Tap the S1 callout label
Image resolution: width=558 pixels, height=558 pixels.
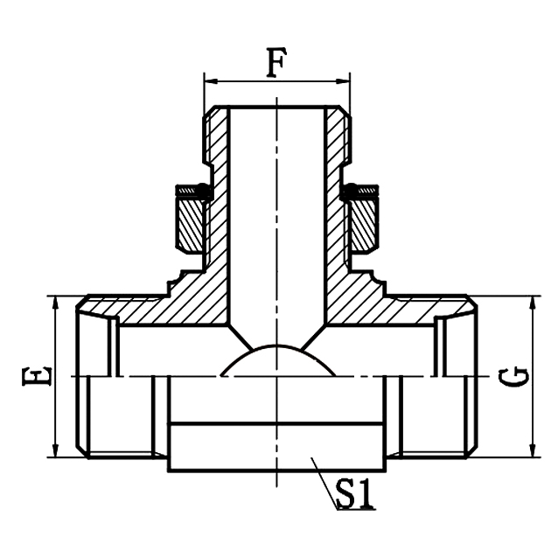(x=355, y=497)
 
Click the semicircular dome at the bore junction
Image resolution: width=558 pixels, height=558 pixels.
(x=276, y=360)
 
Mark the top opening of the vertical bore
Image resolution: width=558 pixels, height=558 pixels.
(x=276, y=108)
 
